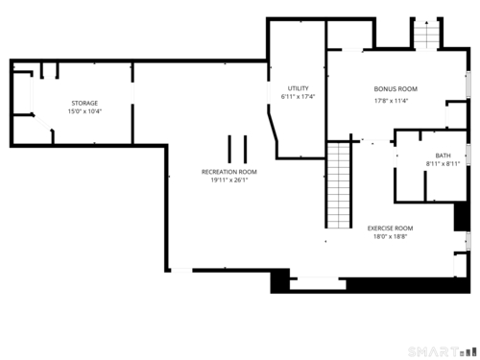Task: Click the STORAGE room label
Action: (84, 103)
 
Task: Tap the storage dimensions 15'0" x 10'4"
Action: (84, 111)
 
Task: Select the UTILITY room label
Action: (298, 88)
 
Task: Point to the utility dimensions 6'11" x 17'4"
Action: (298, 97)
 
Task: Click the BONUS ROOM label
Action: (396, 89)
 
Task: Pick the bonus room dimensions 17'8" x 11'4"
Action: (391, 101)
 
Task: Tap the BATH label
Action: (443, 156)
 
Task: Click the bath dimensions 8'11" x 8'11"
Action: (443, 164)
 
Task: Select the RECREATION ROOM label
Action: (229, 172)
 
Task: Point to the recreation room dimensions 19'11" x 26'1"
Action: (229, 180)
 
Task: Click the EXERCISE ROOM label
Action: (390, 228)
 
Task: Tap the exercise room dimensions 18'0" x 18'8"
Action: (390, 237)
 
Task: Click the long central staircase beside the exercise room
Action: (339, 185)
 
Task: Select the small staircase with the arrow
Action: (426, 35)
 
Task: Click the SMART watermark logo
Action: (443, 352)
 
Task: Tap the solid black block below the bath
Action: (462, 216)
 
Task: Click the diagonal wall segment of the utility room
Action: (273, 127)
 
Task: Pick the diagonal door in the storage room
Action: (42, 122)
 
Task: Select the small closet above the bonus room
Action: (349, 35)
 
